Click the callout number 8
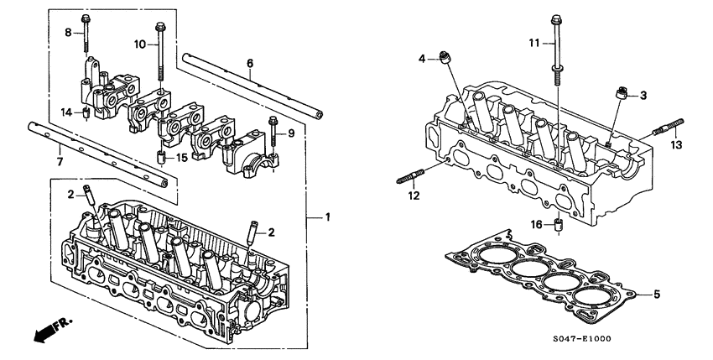(x=69, y=33)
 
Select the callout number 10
(x=139, y=43)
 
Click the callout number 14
(x=66, y=112)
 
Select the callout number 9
(x=290, y=133)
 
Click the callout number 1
(x=328, y=217)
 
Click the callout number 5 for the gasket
(x=657, y=295)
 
